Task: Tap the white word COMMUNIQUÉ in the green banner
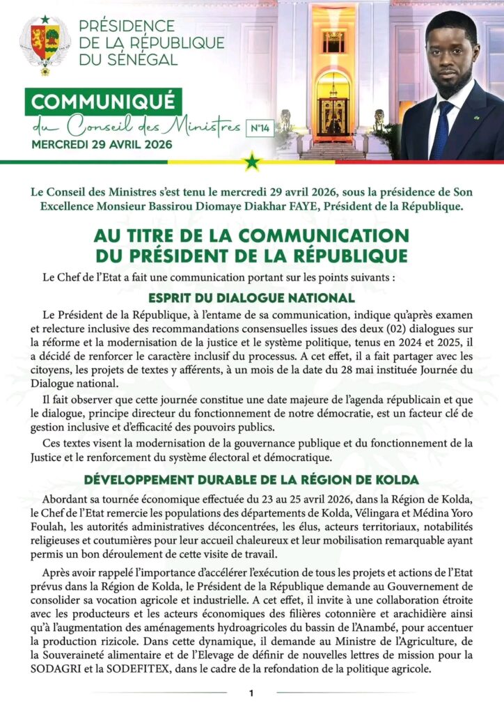[104, 102]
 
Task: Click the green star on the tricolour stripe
[251, 162]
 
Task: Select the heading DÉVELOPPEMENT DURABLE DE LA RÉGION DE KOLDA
[251, 480]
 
